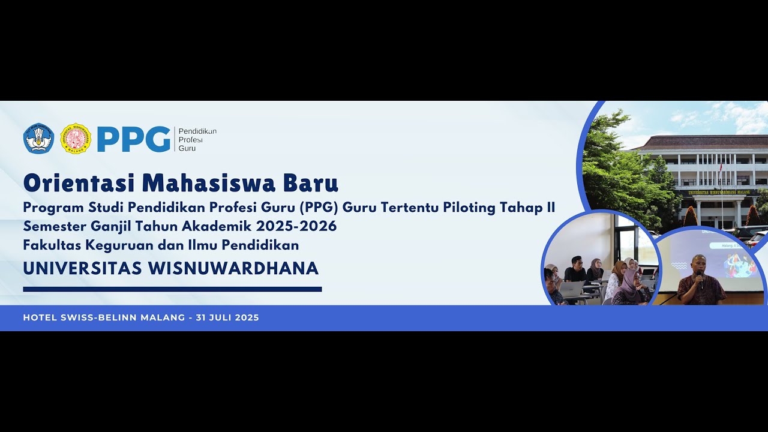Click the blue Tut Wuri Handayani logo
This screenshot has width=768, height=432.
click(38, 139)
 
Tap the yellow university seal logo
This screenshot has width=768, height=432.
click(76, 139)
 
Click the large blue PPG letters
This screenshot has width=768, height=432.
click(134, 139)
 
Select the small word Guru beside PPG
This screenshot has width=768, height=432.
click(187, 148)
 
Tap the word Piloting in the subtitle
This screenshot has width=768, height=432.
click(473, 208)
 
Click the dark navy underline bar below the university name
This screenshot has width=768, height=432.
click(172, 289)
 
